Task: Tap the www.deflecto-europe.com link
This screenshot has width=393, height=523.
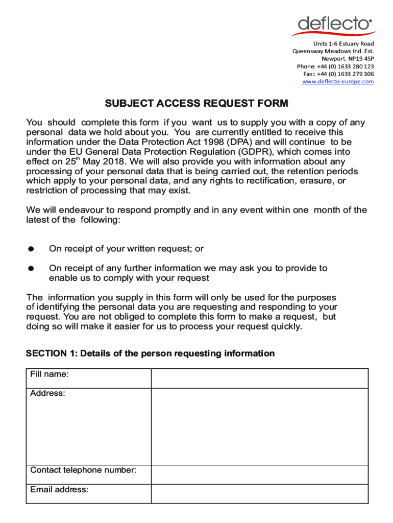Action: (x=338, y=82)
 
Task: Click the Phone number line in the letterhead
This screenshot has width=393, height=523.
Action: (x=335, y=66)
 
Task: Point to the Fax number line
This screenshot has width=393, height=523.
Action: (x=338, y=74)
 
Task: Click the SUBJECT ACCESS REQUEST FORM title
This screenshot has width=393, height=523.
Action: (x=196, y=104)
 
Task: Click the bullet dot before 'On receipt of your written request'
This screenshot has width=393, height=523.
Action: (x=31, y=249)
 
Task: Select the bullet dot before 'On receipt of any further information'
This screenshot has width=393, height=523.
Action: (x=31, y=268)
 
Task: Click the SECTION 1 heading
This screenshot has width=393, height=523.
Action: (x=150, y=353)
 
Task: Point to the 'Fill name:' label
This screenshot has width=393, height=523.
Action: (x=49, y=374)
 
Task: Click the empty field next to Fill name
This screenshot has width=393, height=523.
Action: (x=259, y=378)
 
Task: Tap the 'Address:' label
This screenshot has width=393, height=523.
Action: (x=47, y=394)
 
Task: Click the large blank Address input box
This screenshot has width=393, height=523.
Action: (x=259, y=426)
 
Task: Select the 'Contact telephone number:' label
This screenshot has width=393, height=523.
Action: (x=83, y=470)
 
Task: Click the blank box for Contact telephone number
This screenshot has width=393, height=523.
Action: (x=259, y=474)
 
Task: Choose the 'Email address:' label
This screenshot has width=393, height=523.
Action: (x=59, y=490)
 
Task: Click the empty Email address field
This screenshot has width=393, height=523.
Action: (x=259, y=494)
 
